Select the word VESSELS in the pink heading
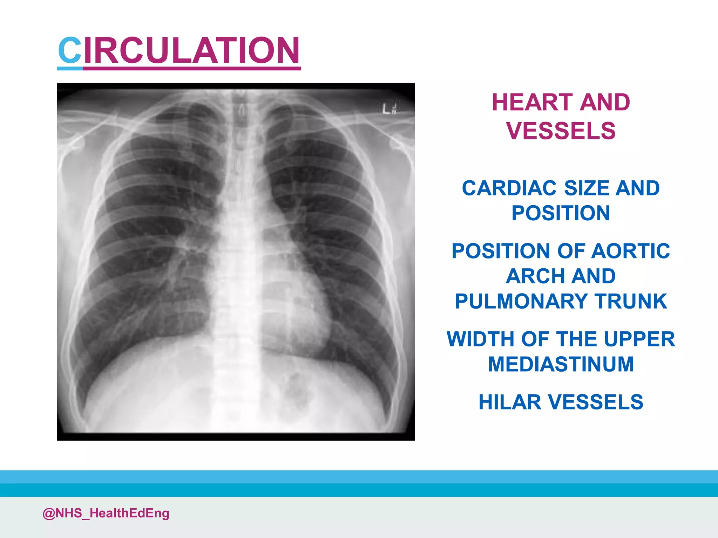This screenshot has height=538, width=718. tap(561, 131)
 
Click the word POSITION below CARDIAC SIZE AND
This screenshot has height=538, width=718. tap(561, 213)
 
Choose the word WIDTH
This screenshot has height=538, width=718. tap(481, 339)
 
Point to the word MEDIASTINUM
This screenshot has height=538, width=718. tap(561, 364)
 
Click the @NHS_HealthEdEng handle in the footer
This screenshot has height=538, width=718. tap(106, 513)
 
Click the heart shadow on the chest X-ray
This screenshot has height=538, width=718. tap(298, 301)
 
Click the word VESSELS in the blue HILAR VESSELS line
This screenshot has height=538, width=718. tap(596, 402)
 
